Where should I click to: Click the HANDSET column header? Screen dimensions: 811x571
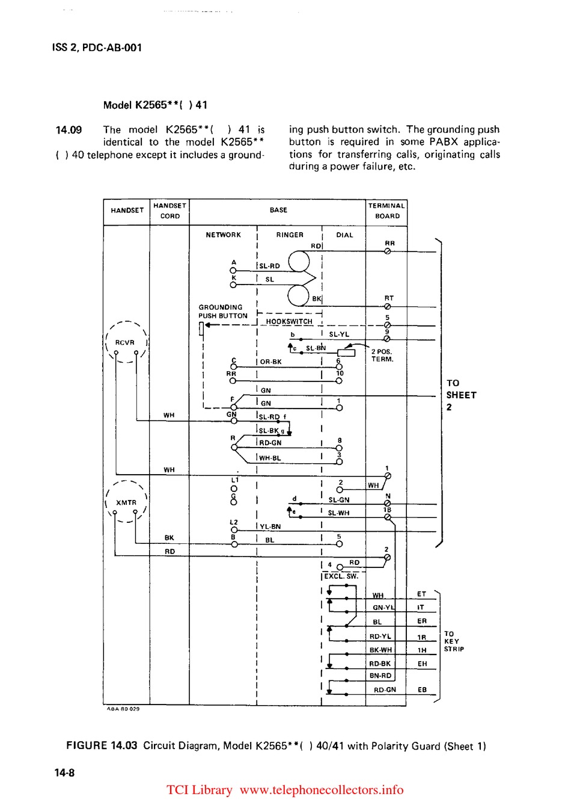(127, 211)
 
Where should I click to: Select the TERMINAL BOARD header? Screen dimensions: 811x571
(386, 211)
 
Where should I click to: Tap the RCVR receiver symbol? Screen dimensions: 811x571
(125, 343)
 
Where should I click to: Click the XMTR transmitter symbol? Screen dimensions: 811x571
(126, 502)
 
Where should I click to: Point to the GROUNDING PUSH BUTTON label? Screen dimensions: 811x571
(223, 312)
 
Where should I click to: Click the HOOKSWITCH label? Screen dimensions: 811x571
(289, 322)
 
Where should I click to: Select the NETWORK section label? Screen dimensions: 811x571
(223, 235)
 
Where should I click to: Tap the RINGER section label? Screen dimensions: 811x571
(290, 235)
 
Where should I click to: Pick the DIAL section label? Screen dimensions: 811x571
(344, 235)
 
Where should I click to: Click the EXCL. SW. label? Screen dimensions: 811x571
(341, 576)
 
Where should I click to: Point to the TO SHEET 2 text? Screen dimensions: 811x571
(461, 395)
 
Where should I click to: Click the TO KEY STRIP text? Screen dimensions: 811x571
(454, 641)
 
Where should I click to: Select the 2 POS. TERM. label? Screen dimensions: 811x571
(382, 356)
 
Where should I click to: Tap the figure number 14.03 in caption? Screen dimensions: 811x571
(124, 746)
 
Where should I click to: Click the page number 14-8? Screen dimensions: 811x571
(65, 773)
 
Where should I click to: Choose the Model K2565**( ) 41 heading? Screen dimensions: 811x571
(155, 105)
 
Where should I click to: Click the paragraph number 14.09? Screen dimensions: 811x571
(69, 130)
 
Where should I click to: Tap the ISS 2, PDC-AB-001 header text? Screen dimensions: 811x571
(97, 48)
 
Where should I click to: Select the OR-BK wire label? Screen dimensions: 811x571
(270, 362)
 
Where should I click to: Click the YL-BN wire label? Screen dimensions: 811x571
(270, 527)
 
